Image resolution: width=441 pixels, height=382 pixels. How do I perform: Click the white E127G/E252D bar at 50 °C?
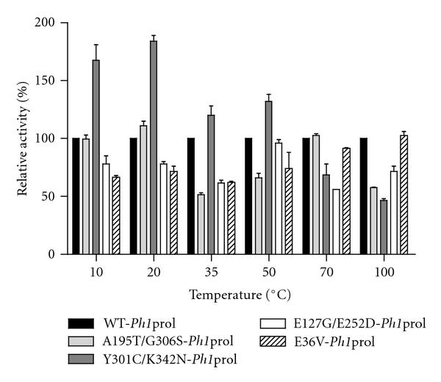(279, 198)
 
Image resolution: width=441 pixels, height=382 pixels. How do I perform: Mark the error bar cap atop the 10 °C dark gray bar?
(96, 45)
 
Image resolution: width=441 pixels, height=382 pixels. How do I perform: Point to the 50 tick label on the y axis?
(50, 197)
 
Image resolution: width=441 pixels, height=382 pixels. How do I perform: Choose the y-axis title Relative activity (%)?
(24, 140)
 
